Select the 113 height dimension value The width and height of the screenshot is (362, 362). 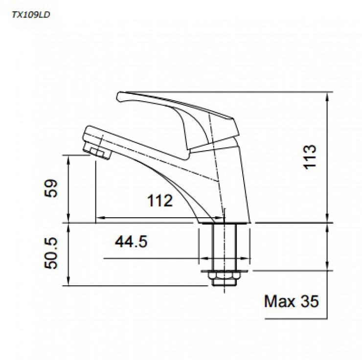310,157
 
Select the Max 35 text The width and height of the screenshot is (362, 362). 291,300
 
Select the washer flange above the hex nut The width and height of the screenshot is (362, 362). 225,271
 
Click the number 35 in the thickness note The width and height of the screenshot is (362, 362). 308,300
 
